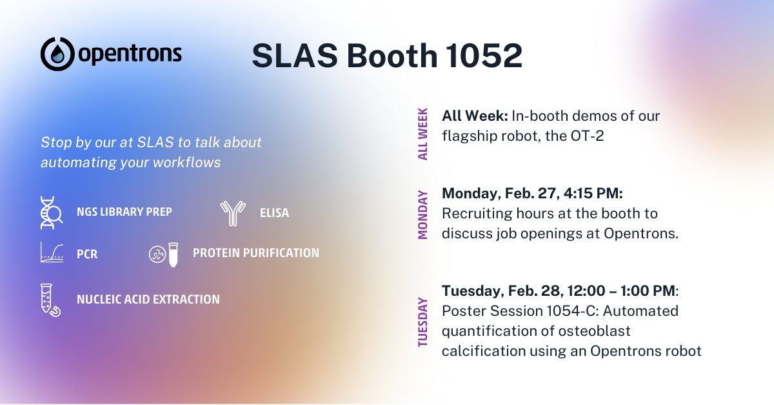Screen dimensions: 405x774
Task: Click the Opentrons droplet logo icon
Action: point(57,54)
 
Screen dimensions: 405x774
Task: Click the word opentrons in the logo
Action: point(130,54)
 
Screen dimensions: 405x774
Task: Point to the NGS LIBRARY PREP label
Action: point(124,212)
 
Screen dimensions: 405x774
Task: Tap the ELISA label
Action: point(274,213)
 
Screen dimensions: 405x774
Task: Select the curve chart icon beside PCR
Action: point(52,253)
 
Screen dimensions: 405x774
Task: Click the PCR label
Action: point(87,254)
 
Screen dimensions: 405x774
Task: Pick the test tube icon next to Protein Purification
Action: point(173,254)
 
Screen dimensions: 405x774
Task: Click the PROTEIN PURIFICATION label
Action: point(255,253)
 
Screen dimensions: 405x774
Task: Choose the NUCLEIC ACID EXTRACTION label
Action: point(148,300)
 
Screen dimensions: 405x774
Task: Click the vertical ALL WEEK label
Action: point(423,134)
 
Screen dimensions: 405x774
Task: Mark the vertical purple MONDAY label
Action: point(423,214)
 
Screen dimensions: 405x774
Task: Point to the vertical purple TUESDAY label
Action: point(423,322)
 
